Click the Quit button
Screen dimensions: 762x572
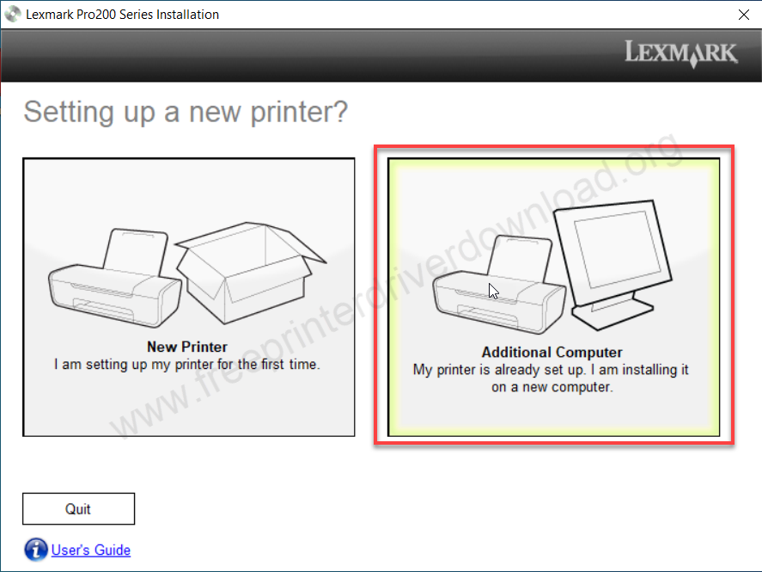tap(78, 508)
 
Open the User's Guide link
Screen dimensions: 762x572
tap(91, 550)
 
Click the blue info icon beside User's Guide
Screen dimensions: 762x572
tap(36, 550)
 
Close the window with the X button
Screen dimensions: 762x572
tap(744, 15)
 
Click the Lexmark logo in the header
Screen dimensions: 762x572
tap(681, 52)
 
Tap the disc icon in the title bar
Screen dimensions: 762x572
tap(13, 14)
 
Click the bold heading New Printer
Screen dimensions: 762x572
tap(187, 347)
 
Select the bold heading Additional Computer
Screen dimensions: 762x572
tap(552, 352)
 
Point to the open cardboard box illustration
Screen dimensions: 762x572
tap(250, 273)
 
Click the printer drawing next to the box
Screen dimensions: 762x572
tap(115, 278)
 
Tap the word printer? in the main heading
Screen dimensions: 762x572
tap(299, 113)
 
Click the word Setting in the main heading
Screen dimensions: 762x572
tap(69, 113)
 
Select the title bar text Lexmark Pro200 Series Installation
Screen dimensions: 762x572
tap(123, 15)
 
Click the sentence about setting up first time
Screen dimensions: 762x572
tap(187, 365)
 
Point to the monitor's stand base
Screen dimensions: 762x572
tap(613, 312)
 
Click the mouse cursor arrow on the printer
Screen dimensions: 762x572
tap(493, 290)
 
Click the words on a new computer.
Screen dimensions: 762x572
tap(552, 387)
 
